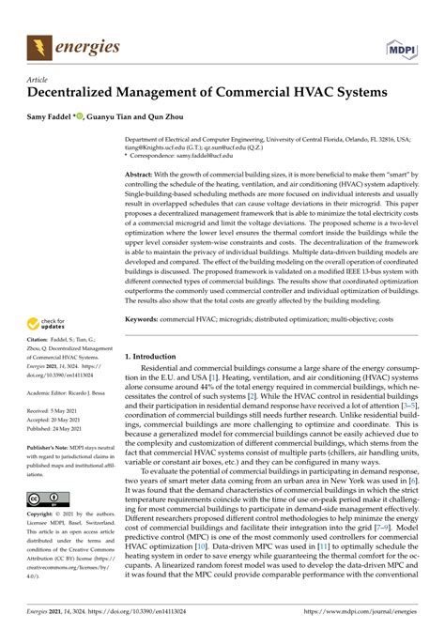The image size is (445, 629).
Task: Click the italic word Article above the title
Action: pyautogui.click(x=38, y=82)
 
